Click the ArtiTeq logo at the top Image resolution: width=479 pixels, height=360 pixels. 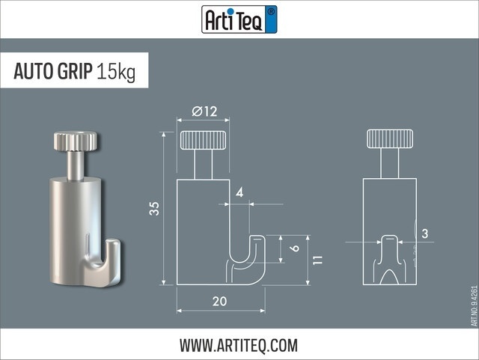(x=239, y=19)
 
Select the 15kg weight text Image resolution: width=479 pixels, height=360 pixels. (x=115, y=73)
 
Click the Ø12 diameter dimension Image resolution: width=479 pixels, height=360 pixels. (x=204, y=112)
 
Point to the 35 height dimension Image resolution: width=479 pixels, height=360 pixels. (x=154, y=209)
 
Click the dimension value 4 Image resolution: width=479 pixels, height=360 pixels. (x=239, y=193)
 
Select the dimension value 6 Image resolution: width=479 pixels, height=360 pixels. (x=295, y=248)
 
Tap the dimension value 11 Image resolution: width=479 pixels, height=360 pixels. (x=318, y=260)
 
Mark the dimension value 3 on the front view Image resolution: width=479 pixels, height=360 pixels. (x=425, y=234)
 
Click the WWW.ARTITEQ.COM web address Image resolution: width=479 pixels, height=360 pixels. (x=239, y=345)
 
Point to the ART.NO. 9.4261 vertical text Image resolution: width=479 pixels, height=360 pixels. (x=474, y=305)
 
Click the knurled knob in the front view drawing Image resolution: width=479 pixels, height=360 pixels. (x=389, y=139)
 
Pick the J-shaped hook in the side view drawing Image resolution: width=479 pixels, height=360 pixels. (x=247, y=262)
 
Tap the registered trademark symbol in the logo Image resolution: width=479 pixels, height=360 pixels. (x=271, y=11)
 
